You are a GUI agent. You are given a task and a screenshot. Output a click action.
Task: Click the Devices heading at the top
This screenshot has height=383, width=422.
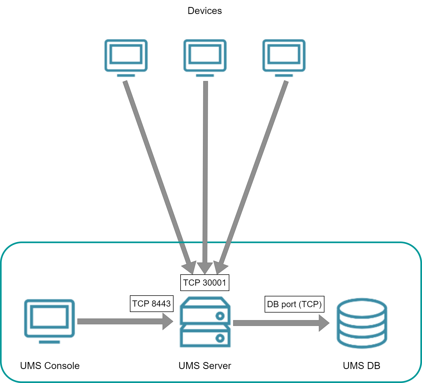205,11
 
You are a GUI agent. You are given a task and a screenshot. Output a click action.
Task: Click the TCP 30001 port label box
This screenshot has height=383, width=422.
205,283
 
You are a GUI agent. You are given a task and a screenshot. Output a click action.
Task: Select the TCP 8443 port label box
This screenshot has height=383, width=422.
151,304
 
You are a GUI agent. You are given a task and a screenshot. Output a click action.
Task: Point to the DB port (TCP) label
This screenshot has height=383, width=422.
294,304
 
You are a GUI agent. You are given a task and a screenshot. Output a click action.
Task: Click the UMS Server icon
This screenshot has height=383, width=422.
205,322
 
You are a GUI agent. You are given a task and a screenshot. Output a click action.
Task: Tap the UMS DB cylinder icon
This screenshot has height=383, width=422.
362,323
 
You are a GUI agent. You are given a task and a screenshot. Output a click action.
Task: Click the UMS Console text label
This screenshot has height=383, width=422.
50,366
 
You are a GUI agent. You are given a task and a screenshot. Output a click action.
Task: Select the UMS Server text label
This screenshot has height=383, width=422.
205,366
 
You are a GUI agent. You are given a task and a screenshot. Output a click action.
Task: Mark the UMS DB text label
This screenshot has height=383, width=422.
361,366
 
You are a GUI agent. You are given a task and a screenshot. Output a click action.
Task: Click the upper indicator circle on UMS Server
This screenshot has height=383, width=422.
220,316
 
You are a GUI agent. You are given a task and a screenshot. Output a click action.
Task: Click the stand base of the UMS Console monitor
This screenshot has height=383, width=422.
49,342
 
